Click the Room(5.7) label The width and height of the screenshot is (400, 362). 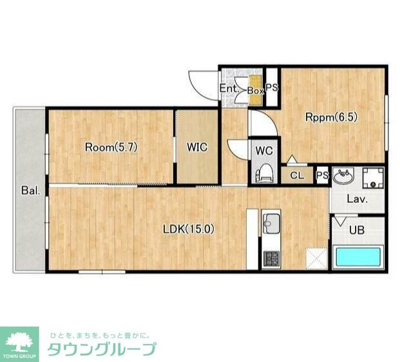tap(111, 146)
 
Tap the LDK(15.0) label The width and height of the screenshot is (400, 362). tap(187, 228)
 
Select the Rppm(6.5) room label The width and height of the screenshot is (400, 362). tap(330, 117)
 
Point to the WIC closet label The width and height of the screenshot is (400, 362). tap(197, 147)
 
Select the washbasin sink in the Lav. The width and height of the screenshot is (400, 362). tap(343, 176)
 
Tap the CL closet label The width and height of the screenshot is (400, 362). tap(297, 175)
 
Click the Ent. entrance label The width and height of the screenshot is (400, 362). tap(229, 89)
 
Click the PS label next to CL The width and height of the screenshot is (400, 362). tap(322, 175)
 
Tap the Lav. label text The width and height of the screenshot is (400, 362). tap(357, 200)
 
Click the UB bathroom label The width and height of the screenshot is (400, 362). tap(356, 229)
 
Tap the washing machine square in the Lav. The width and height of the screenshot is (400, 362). tap(372, 177)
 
